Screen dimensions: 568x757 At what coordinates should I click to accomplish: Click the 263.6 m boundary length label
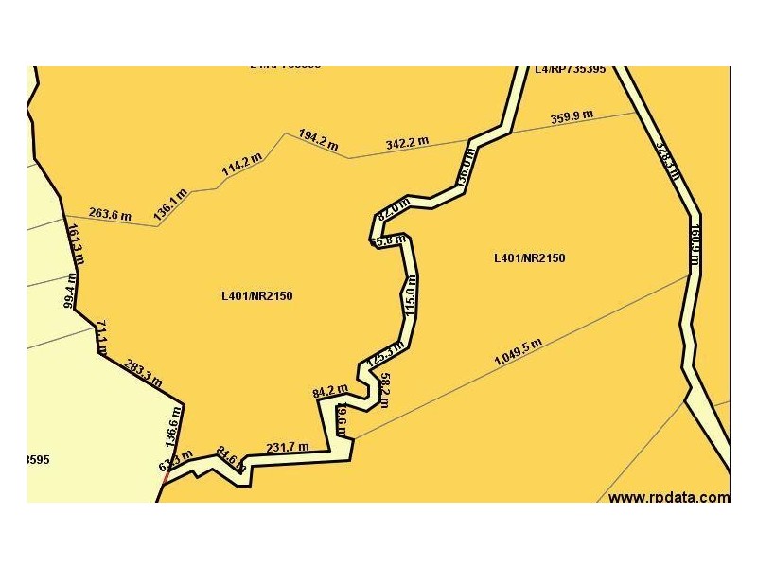pyautogui.click(x=110, y=215)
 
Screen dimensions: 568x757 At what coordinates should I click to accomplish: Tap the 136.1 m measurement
pyautogui.click(x=170, y=204)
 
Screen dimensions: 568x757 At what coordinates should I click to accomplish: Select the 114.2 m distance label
pyautogui.click(x=241, y=166)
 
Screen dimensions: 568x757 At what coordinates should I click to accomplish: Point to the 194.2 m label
pyautogui.click(x=318, y=140)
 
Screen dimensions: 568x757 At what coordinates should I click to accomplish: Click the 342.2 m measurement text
pyautogui.click(x=407, y=143)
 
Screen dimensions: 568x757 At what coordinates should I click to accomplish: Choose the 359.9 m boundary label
pyautogui.click(x=572, y=118)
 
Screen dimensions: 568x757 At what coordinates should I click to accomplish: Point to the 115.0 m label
pyautogui.click(x=410, y=296)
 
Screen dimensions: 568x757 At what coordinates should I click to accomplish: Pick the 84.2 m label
pyautogui.click(x=329, y=389)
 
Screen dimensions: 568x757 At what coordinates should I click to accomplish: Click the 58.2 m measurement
pyautogui.click(x=384, y=389)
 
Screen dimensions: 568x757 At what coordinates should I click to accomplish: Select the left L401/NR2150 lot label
pyautogui.click(x=257, y=295)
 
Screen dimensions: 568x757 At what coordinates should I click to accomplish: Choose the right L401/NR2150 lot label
pyautogui.click(x=530, y=257)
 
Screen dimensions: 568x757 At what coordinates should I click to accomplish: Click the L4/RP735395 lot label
pyautogui.click(x=570, y=69)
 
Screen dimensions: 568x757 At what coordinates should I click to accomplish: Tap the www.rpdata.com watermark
pyautogui.click(x=668, y=497)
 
